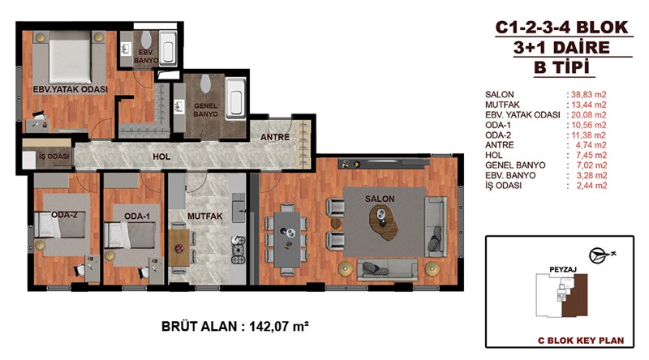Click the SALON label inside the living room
[x=380, y=199]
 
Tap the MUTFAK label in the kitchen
[x=205, y=216]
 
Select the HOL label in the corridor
[x=161, y=156]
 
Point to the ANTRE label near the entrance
[x=275, y=137]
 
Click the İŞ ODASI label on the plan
[x=54, y=156]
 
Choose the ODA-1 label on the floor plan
[x=137, y=216]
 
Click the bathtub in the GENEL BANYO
[x=236, y=98]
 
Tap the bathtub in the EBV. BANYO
[x=168, y=48]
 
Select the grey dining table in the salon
[x=287, y=238]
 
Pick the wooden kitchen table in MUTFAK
[x=178, y=248]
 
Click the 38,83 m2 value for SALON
[x=589, y=95]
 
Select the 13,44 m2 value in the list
[x=589, y=105]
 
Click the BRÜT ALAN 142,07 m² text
[x=235, y=326]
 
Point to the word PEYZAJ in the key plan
[x=563, y=270]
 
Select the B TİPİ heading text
[x=561, y=67]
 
